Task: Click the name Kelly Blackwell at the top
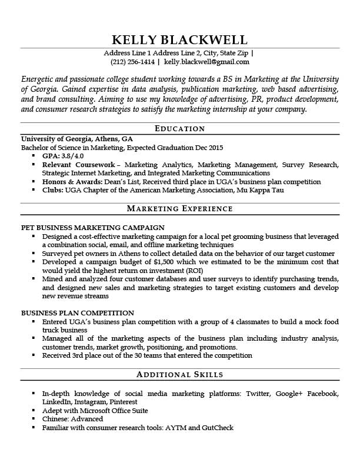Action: click(x=179, y=39)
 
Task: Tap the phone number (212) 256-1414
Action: click(x=132, y=61)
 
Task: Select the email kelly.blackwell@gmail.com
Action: click(x=206, y=61)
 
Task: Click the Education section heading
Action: click(x=179, y=128)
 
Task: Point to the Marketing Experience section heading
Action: click(x=179, y=209)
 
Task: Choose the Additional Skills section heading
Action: click(x=179, y=374)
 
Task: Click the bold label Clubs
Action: click(x=52, y=191)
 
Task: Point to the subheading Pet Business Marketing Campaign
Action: click(x=92, y=227)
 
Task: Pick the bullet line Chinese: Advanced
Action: click(x=72, y=419)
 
